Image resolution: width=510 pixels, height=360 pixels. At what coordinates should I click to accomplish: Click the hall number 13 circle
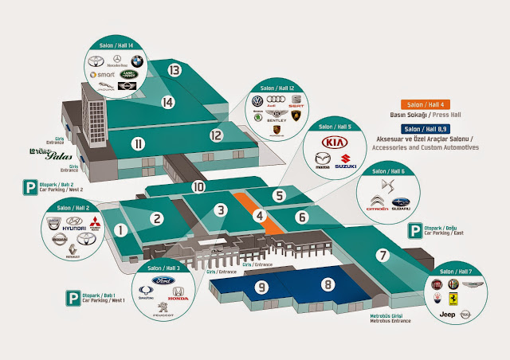click(175, 70)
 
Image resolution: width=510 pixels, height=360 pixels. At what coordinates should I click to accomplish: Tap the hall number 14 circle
click(167, 102)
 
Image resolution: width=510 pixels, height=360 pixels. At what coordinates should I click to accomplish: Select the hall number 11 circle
click(139, 144)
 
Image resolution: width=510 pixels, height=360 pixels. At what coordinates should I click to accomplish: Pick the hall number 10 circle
click(198, 186)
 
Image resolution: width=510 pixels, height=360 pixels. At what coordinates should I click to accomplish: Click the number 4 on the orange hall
click(259, 214)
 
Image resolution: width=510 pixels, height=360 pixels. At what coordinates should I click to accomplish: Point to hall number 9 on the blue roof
click(262, 285)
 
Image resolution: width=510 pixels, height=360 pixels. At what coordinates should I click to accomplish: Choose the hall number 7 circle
click(382, 256)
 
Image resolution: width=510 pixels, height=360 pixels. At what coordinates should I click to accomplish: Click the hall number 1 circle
click(120, 231)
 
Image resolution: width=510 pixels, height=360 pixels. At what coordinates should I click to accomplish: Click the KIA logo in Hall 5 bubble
click(335, 143)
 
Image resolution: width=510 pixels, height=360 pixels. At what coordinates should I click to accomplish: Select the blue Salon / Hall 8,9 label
click(428, 127)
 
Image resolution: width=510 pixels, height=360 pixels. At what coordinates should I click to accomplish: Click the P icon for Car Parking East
click(415, 231)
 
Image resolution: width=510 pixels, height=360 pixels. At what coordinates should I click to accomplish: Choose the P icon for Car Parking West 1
click(70, 299)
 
